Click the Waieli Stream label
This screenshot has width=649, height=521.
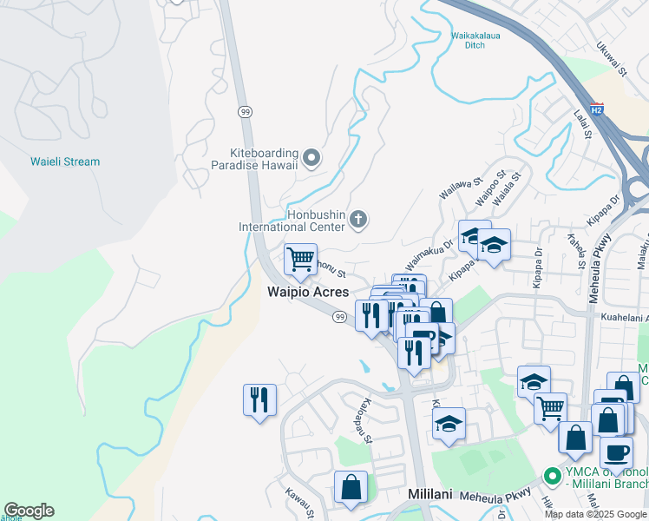[65, 162]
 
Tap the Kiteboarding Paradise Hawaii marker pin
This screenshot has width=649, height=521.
[313, 158]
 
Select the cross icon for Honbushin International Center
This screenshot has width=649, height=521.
[357, 221]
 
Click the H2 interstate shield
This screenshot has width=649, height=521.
[596, 109]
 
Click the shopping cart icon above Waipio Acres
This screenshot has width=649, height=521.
[300, 258]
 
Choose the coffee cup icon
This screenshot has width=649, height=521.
[616, 452]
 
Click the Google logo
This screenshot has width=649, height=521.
[29, 511]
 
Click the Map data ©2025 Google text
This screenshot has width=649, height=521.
[595, 514]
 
